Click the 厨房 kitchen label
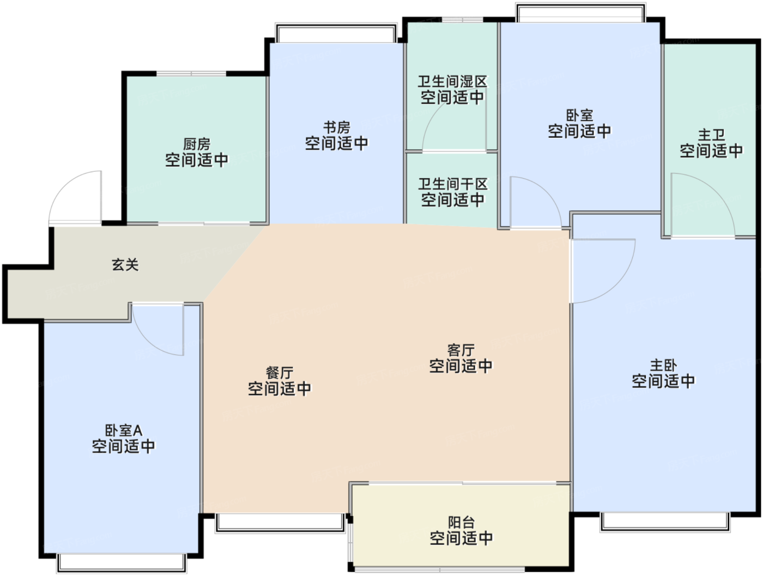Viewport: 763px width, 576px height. (197, 144)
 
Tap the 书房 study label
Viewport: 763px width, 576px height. (336, 128)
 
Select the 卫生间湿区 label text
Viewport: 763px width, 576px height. (452, 82)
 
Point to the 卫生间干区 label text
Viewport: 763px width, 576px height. (452, 184)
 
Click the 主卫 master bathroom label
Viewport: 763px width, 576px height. (711, 135)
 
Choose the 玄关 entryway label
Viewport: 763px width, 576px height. (125, 265)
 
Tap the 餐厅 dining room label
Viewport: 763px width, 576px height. (280, 373)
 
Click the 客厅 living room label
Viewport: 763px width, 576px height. (461, 350)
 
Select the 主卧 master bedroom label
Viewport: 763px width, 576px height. (663, 366)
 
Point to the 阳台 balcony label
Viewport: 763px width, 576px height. (461, 522)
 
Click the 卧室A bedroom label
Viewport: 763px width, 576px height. (123, 431)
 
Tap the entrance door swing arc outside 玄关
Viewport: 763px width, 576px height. (65, 183)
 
